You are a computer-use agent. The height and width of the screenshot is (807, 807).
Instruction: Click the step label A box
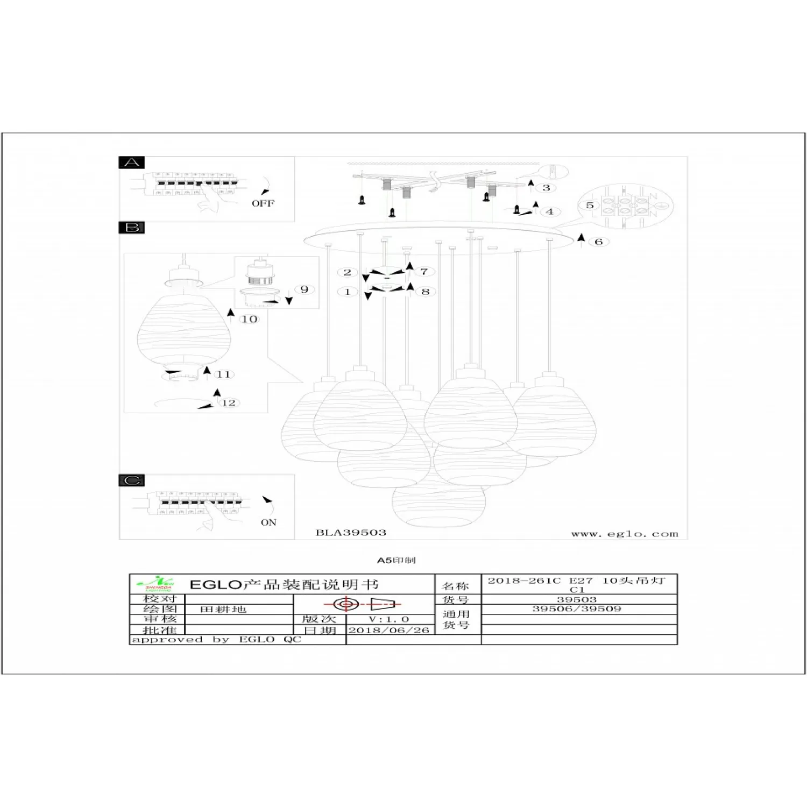tap(132, 162)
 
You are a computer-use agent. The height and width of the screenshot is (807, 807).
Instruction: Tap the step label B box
tap(132, 228)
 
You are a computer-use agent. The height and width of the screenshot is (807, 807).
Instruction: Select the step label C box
tap(132, 480)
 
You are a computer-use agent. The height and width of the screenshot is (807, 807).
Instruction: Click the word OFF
tap(263, 203)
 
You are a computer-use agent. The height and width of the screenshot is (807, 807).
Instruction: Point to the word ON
tap(268, 522)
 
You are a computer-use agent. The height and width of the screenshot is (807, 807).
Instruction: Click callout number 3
tap(546, 188)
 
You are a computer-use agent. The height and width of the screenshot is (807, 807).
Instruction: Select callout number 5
tap(590, 206)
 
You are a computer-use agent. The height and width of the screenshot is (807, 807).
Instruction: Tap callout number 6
tap(599, 242)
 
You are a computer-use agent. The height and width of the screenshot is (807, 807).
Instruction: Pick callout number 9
tap(305, 289)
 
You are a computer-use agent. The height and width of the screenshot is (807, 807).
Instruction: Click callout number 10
tap(249, 319)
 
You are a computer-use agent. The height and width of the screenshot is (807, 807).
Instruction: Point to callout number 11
tap(224, 374)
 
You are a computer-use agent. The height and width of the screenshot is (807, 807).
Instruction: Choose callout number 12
tap(229, 402)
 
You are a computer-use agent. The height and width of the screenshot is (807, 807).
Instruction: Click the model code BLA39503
tap(351, 533)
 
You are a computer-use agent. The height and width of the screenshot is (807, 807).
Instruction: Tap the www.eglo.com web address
tap(625, 534)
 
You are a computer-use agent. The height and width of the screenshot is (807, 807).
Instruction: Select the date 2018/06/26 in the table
tap(389, 630)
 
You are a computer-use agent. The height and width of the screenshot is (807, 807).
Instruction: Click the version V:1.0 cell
tap(389, 619)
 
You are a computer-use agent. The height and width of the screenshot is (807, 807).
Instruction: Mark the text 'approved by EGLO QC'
tap(216, 640)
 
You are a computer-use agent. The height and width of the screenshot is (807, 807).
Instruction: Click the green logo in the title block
tap(157, 584)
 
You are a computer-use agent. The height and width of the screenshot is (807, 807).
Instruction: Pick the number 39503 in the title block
tap(577, 599)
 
